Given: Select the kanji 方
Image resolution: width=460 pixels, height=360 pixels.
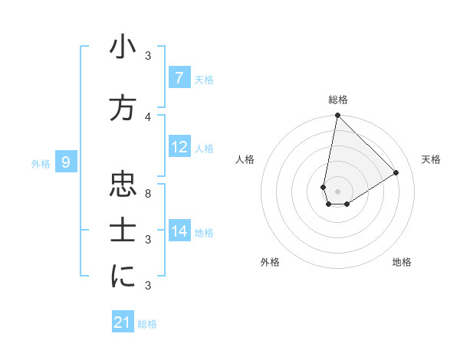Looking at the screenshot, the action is coord(123,108).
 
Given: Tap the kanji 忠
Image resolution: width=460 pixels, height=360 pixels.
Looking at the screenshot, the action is coord(123,185).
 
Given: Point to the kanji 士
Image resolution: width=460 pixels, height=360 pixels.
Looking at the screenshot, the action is coord(123,231).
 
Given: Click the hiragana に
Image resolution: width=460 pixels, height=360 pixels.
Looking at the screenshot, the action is coord(123,277).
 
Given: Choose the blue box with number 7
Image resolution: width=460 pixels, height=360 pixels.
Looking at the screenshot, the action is coord(179,78).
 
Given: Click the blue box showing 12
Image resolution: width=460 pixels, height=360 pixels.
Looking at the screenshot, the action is coord(179,147).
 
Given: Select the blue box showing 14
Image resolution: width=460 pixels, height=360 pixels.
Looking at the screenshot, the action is coord(179,231).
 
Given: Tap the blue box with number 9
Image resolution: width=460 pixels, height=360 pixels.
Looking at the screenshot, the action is coord(66,162).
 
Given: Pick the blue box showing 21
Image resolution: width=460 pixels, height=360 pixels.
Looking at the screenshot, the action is coord(123,323).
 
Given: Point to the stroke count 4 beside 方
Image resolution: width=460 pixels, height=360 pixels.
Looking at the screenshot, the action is coord(148,116).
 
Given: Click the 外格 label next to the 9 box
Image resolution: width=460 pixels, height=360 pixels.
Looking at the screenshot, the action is coord(41,163).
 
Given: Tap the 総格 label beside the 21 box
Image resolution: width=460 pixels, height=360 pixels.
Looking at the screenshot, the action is coord(147,324).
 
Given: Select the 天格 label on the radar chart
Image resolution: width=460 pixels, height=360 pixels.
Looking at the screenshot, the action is coord(431,159).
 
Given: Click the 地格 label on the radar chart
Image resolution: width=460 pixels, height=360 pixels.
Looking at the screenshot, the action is coord(402,262).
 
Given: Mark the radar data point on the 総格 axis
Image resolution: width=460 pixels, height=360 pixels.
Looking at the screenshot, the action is coord(337,116).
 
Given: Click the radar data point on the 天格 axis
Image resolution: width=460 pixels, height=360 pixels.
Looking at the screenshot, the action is coord(396,172).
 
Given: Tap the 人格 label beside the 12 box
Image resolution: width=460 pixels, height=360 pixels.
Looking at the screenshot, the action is coord(204,148).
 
